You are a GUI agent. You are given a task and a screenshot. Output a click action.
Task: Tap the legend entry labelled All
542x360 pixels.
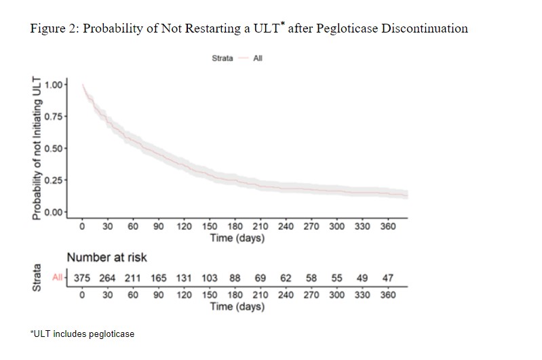pos(258,58)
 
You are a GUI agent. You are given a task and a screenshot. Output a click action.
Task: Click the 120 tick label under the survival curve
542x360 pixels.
pos(184,226)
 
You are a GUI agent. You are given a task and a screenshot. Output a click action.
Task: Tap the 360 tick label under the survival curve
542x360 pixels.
pos(387,226)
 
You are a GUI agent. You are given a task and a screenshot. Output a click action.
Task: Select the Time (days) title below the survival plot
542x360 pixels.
pos(237,238)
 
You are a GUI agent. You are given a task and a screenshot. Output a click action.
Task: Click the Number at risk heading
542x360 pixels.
pos(107,258)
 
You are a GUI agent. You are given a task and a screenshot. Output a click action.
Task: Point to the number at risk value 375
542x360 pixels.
pos(81,278)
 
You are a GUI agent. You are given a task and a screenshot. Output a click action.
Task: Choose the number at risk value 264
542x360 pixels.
pos(107,278)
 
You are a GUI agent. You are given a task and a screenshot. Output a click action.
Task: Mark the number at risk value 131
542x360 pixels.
pos(184,278)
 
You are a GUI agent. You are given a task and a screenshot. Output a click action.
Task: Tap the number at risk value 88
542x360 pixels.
pos(235,278)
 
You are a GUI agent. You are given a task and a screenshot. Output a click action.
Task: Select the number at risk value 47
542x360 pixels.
pos(387,278)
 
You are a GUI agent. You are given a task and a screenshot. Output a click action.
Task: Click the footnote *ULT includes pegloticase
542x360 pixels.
pos(82,334)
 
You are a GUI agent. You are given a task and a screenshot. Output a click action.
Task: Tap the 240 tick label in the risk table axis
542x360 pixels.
pos(286,296)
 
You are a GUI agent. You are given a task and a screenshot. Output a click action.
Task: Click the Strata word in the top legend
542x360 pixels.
pos(222,58)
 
